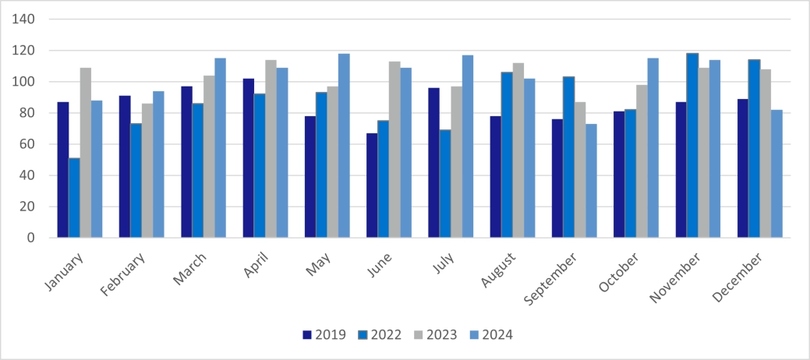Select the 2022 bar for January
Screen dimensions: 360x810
click(x=74, y=198)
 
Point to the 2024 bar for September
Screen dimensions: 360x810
click(x=591, y=181)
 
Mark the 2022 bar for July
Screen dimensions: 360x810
click(x=445, y=184)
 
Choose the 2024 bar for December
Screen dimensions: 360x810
click(x=776, y=174)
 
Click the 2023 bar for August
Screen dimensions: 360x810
click(x=518, y=150)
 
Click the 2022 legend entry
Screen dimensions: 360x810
click(x=377, y=335)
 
